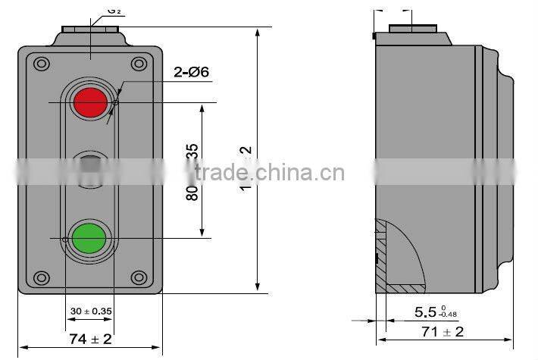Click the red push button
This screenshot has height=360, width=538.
[89, 102]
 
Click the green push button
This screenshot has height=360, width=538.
[89, 237]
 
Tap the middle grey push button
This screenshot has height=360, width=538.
[89, 169]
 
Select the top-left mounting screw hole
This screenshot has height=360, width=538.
[41, 64]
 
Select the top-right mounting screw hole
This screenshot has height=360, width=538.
[138, 64]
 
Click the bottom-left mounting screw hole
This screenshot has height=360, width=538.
[41, 277]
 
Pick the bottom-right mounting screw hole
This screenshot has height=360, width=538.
[138, 277]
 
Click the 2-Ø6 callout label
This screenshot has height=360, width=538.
[190, 74]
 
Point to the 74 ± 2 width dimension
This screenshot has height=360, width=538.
[90, 339]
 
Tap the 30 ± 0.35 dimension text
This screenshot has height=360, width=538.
[89, 311]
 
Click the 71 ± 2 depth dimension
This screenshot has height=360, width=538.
[442, 331]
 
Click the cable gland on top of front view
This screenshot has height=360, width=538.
[90, 33]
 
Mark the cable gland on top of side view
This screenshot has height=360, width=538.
[413, 33]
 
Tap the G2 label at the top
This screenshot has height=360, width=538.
[114, 11]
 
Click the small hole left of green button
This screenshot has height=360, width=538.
[66, 240]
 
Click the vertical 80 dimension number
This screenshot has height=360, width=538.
[192, 192]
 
